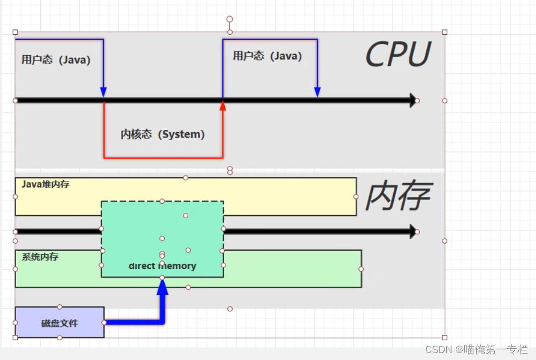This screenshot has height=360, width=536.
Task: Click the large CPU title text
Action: coord(398,55)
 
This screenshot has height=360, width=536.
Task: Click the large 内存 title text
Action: coord(398,196)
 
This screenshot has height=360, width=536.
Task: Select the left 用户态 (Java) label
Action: coord(56,60)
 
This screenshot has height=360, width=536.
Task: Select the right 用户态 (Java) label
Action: coord(267,56)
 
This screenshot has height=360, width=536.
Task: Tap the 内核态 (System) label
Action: coord(163,134)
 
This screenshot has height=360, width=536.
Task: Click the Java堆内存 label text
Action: coord(45,184)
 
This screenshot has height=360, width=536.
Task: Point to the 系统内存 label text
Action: coord(40,257)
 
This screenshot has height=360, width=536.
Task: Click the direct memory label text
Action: coord(163,266)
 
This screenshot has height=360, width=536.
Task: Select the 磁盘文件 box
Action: coord(59,323)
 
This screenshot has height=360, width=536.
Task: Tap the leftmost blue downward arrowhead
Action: coord(103,92)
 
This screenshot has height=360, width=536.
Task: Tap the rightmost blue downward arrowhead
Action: coord(317,92)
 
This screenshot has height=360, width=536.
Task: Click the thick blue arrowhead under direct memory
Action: coord(162,287)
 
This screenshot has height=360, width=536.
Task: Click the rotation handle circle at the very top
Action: coord(229,19)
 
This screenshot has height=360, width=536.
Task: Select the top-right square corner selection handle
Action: coord(445,32)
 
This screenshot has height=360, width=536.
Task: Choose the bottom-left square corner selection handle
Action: coord(15,338)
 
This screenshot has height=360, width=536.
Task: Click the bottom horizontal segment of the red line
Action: coord(163,158)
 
